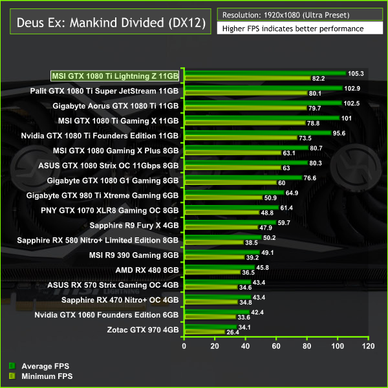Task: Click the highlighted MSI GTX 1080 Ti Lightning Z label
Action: tap(116, 76)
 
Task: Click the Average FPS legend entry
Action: tap(36, 365)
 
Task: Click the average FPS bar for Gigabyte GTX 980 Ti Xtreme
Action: tap(233, 192)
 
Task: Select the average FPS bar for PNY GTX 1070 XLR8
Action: tap(231, 207)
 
